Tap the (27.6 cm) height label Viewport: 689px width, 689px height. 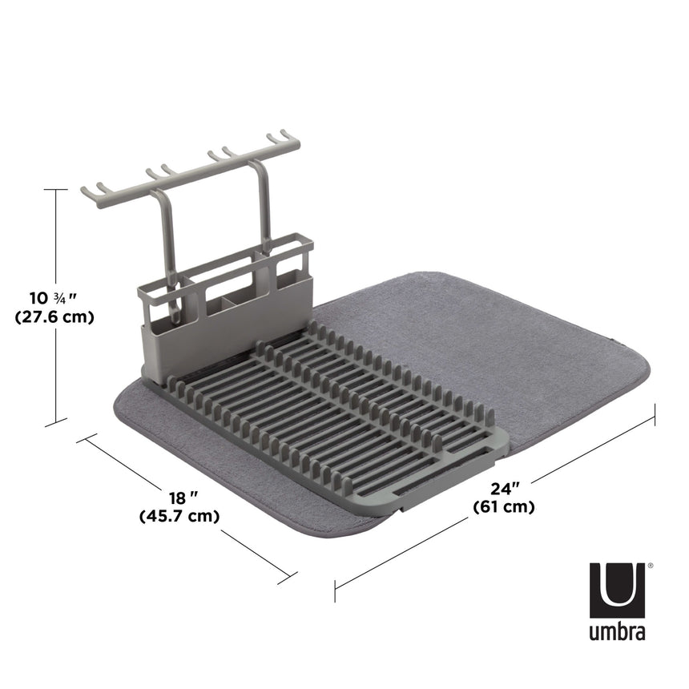click(54, 317)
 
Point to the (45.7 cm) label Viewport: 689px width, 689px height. click(179, 517)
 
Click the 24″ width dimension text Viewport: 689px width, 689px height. click(506, 486)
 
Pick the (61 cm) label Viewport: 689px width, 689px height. click(504, 506)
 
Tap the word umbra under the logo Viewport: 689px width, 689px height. click(618, 632)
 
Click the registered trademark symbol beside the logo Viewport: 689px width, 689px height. click(650, 566)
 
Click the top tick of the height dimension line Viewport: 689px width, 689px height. click(55, 189)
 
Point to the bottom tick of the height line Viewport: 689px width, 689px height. click(55, 423)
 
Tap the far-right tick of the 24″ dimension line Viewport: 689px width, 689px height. click(655, 415)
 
